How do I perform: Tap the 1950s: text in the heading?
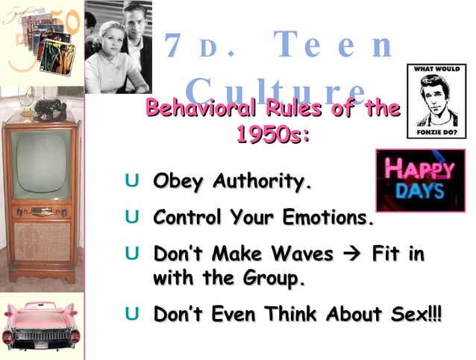(x=272, y=135)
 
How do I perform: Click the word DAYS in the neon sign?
(x=420, y=192)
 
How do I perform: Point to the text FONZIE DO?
(x=434, y=133)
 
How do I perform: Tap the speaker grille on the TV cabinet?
(x=43, y=241)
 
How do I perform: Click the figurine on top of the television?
(x=49, y=109)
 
